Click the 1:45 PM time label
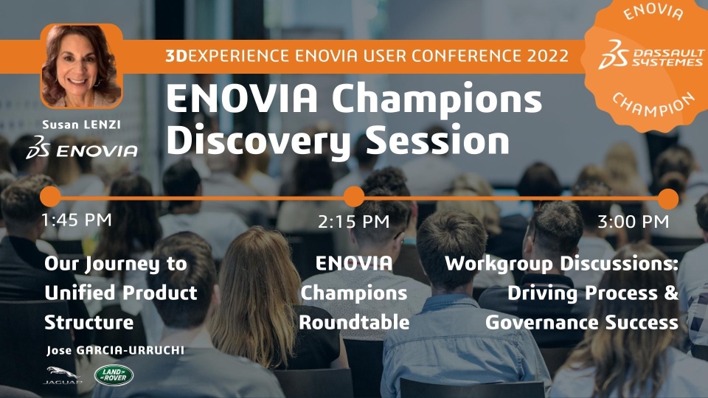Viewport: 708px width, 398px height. click(x=76, y=220)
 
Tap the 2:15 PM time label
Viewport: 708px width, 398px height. click(x=353, y=222)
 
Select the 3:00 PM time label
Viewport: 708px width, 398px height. click(x=633, y=222)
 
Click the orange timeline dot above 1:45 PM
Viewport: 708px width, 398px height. click(x=50, y=197)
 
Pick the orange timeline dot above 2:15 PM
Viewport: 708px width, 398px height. click(x=353, y=197)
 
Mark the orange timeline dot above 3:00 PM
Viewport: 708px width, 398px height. click(x=668, y=199)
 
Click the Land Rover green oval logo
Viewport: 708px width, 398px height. click(x=114, y=375)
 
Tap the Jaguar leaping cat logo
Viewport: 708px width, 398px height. click(x=63, y=374)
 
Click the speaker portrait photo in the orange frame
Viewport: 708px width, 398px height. click(x=81, y=66)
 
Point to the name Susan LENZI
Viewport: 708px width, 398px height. click(x=81, y=125)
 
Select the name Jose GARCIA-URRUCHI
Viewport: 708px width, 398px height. click(x=115, y=350)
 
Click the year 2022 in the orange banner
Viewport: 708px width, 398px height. click(x=546, y=55)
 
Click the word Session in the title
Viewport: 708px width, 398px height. click(x=437, y=140)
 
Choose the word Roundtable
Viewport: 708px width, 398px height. click(x=354, y=322)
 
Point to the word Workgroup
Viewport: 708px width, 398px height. click(x=499, y=264)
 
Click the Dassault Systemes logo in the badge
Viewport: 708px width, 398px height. click(x=651, y=55)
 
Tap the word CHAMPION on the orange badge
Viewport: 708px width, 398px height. click(x=653, y=105)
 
